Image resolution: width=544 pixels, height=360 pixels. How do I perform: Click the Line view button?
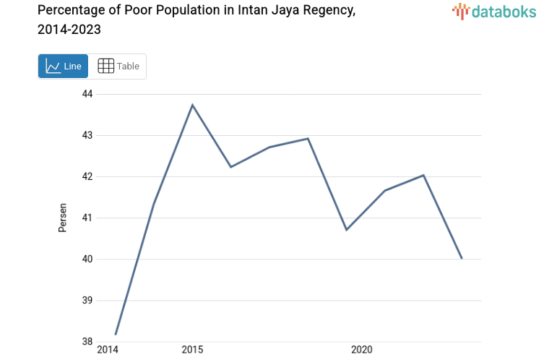point(64,67)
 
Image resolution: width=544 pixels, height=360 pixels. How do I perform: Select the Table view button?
point(118,67)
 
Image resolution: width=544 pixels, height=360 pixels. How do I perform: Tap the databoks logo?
point(494,11)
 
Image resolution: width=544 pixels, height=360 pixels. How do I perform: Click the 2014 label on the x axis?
point(107,350)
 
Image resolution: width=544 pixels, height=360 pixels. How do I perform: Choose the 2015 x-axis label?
point(192,350)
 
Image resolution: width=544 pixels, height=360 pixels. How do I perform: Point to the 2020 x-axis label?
point(361,350)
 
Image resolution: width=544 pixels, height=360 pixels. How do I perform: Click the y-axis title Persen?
point(63,218)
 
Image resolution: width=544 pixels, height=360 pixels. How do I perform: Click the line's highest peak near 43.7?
point(192,106)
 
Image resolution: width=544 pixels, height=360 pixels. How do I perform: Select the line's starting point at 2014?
point(116,334)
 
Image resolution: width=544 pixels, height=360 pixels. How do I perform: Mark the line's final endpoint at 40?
point(462,258)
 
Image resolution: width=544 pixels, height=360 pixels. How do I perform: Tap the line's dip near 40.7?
point(347,230)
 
